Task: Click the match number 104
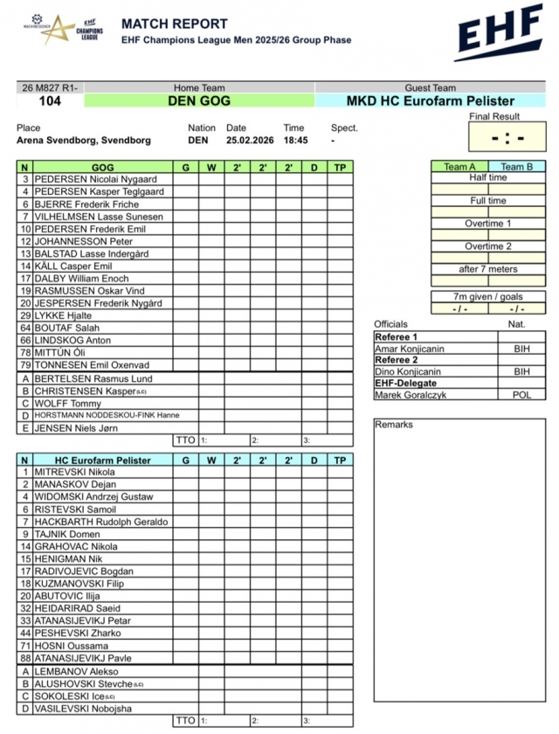[50, 101]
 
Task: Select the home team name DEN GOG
[199, 101]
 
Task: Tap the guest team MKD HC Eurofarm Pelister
[430, 101]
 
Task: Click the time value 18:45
[295, 140]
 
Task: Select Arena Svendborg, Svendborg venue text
[84, 140]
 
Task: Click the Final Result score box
[507, 137]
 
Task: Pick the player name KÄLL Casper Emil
[73, 266]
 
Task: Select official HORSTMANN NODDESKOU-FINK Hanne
[107, 416]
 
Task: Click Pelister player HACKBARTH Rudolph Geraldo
[101, 522]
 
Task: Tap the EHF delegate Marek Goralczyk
[410, 395]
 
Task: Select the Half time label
[487, 177]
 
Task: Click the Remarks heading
[394, 425]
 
